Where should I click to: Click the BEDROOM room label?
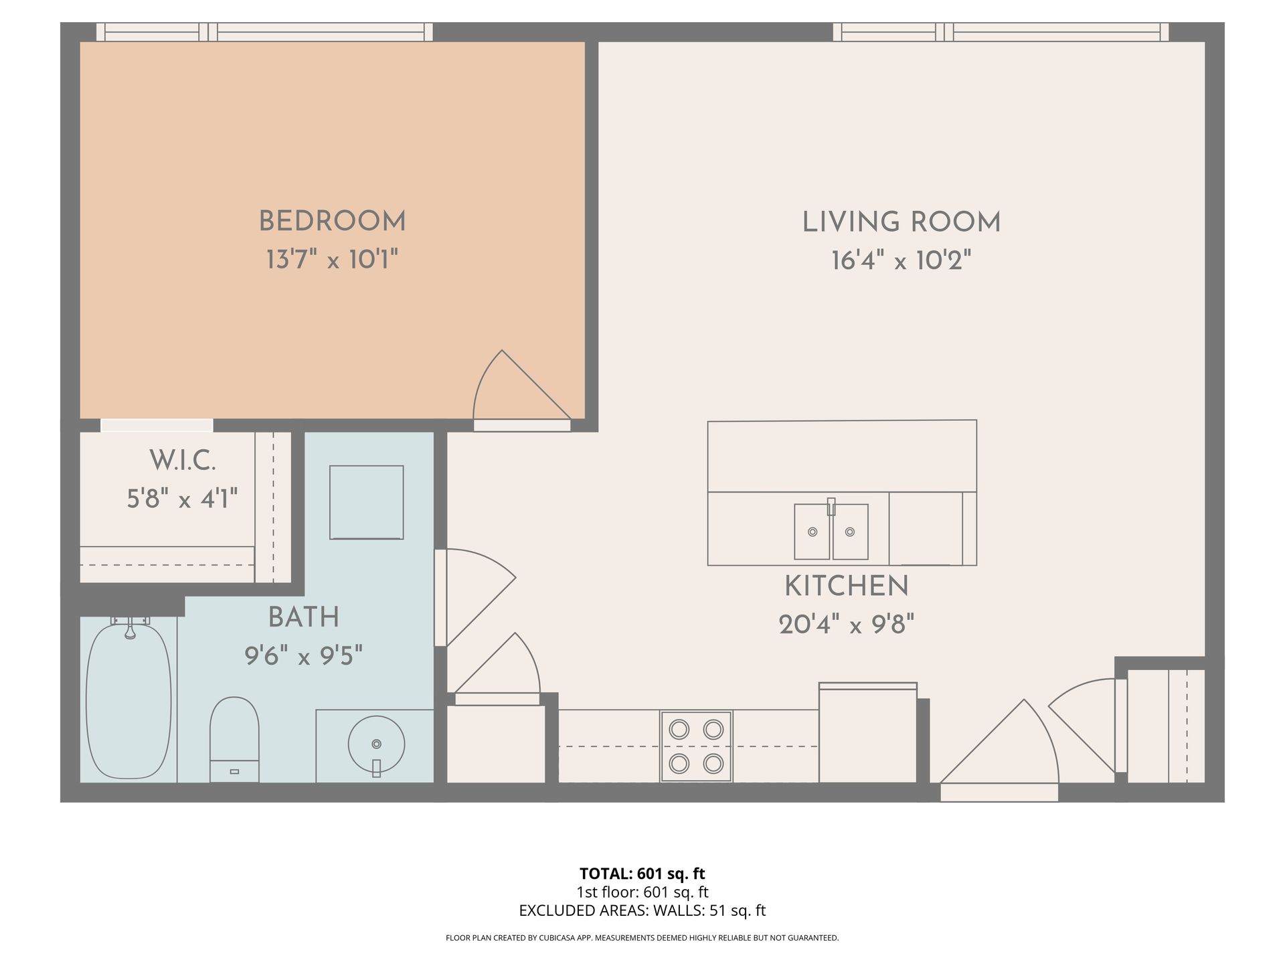click(332, 222)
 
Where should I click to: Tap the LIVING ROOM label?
click(902, 222)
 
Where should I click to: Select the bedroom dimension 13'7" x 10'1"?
click(332, 259)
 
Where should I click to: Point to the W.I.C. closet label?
click(183, 461)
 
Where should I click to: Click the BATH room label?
click(304, 617)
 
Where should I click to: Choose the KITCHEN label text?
click(847, 586)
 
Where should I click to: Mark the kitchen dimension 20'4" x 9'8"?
click(847, 625)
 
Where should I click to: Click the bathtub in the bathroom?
click(129, 700)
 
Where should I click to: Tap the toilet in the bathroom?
click(234, 739)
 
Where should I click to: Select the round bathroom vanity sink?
click(376, 744)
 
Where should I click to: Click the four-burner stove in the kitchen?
click(697, 746)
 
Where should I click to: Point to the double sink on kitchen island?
click(831, 532)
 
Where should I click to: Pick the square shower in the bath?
click(367, 502)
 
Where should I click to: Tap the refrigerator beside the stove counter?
click(868, 732)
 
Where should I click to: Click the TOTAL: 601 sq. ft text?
click(642, 874)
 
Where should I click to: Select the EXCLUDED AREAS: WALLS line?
click(642, 910)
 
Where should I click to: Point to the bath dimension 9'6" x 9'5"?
click(304, 656)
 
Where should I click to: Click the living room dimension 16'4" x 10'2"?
click(902, 260)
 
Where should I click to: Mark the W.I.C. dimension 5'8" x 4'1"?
click(183, 499)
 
